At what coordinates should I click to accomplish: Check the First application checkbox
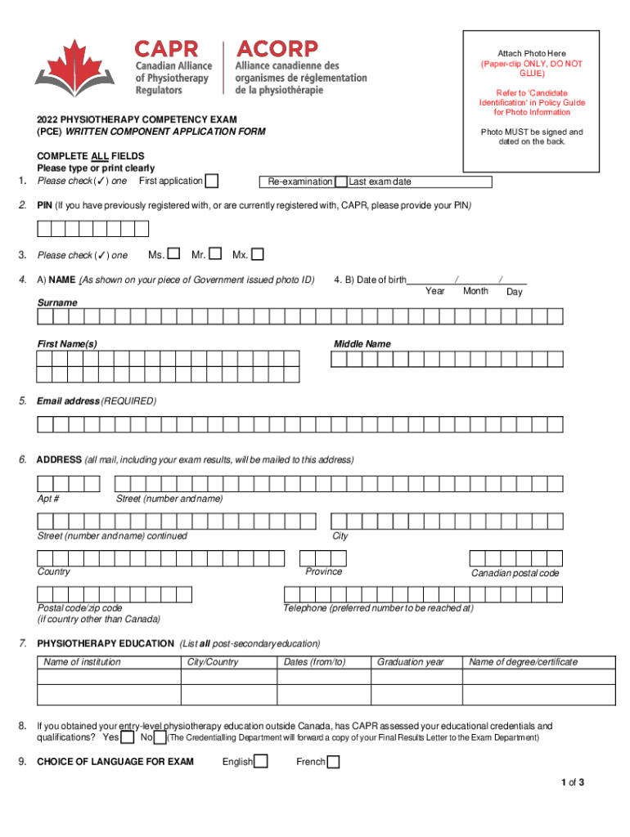[212, 181]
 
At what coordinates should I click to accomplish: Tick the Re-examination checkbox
[341, 181]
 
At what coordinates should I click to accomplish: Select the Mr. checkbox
[216, 255]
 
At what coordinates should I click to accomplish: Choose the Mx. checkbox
[258, 255]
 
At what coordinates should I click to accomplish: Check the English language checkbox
[261, 762]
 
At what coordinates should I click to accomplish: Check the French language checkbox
[333, 762]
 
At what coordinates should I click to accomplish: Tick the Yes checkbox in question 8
[128, 738]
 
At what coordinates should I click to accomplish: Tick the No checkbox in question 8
[161, 738]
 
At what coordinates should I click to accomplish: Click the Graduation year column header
[411, 662]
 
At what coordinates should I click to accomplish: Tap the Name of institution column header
[82, 662]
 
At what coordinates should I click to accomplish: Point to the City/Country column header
[213, 662]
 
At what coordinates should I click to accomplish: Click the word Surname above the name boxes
[57, 302]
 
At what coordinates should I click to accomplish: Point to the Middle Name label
[362, 344]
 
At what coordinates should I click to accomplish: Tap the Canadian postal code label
[515, 573]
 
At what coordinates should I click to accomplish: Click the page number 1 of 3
[572, 783]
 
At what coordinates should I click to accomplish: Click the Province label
[324, 571]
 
